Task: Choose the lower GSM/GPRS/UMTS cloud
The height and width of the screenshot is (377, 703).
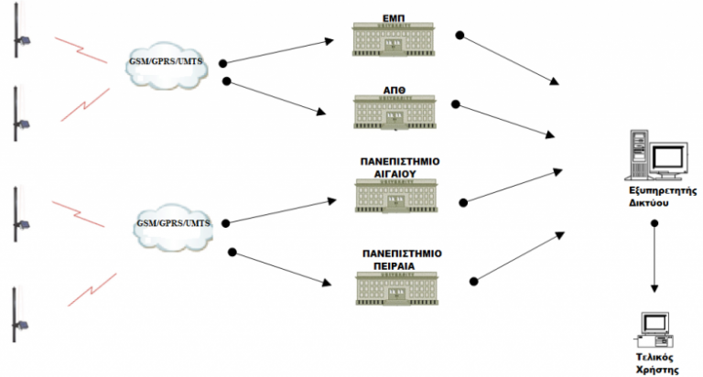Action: click(x=171, y=226)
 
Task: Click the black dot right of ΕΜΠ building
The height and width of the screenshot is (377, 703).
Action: click(x=460, y=36)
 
